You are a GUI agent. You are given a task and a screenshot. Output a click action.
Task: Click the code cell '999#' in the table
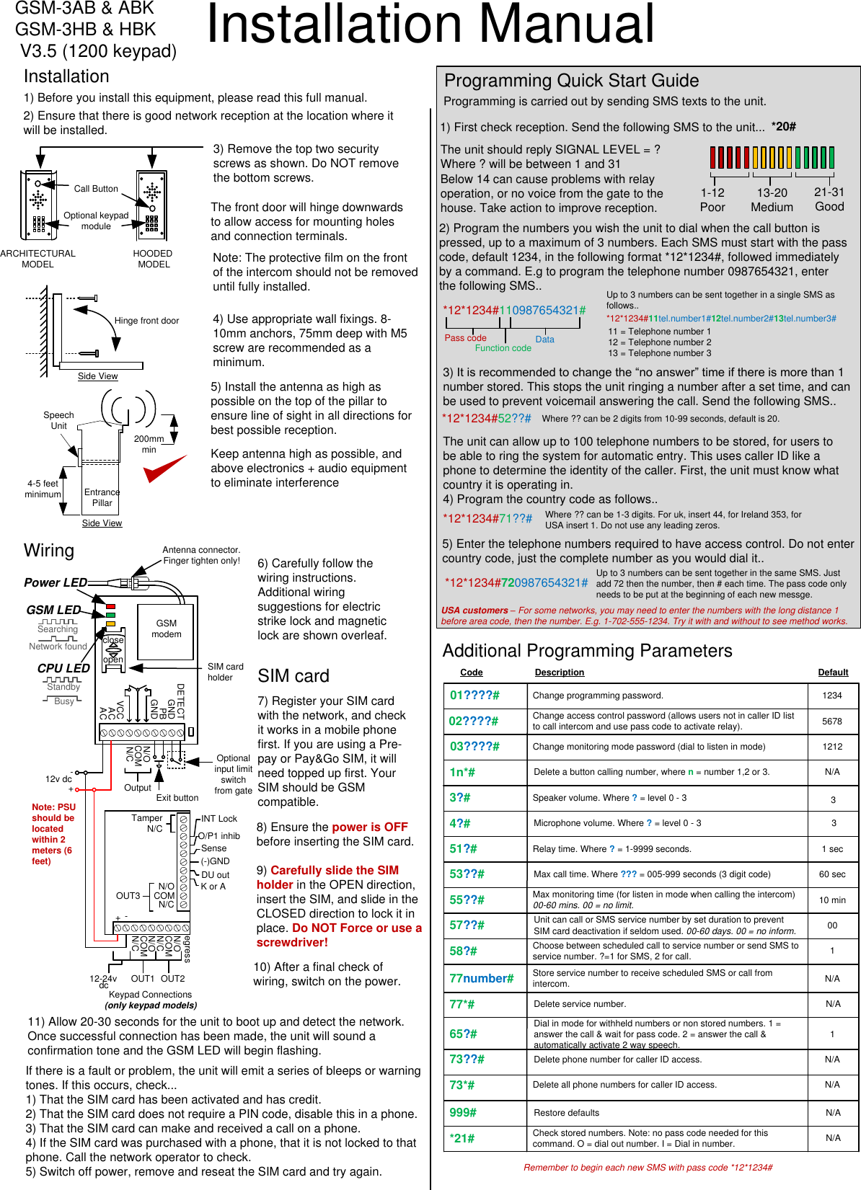(463, 1112)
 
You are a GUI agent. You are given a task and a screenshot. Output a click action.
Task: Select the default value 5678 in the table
(832, 721)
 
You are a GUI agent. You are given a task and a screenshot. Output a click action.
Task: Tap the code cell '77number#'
(482, 978)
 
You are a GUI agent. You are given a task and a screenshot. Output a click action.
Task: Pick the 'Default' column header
(833, 672)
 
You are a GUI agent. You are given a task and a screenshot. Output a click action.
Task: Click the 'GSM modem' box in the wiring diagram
(167, 629)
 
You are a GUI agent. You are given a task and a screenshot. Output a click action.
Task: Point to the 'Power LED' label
(56, 582)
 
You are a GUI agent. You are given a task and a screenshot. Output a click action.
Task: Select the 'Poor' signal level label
(712, 207)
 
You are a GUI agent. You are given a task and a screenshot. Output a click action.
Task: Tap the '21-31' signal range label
(829, 192)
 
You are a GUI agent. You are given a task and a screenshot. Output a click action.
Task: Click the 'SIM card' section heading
(293, 676)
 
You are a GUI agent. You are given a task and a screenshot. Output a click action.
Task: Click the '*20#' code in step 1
(783, 127)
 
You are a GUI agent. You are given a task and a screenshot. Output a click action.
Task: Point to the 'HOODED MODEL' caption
(153, 259)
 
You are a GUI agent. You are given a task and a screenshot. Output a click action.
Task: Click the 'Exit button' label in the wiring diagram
(177, 797)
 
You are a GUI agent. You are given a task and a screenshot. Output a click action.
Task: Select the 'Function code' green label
(503, 348)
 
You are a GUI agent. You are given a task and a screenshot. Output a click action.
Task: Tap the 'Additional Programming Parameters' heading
(587, 651)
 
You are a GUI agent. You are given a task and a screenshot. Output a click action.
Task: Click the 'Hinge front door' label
(146, 321)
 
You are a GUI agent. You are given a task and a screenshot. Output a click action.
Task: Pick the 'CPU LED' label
(63, 668)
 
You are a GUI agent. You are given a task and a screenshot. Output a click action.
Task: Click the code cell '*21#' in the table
(462, 1138)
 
